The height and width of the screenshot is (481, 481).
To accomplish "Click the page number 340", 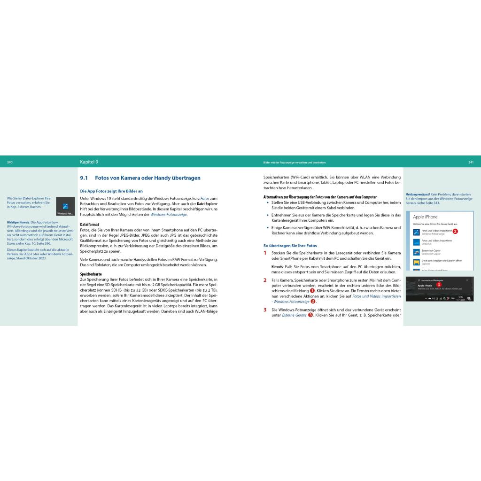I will point(10,162).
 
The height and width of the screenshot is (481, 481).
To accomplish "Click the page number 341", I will point(471,162).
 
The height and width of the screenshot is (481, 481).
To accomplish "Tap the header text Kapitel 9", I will point(89,162).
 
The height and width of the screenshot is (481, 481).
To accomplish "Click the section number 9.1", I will point(84,178).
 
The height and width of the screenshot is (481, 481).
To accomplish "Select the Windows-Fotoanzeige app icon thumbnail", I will point(65,206).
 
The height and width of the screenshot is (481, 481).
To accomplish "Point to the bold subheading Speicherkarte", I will point(91,274).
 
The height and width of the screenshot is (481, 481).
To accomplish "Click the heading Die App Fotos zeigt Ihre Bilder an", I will point(111,191).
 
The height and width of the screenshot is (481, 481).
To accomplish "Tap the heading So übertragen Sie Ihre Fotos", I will point(290,245).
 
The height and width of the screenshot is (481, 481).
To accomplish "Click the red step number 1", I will point(265,253).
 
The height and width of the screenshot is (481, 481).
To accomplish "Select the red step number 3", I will point(265,310).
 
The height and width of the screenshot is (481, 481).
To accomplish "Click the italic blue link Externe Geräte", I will point(294,315).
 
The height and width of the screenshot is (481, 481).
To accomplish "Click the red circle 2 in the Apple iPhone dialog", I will point(455,231).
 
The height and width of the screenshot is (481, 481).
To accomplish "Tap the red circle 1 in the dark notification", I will point(439,285).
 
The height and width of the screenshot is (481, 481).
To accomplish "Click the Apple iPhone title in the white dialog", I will point(425,217).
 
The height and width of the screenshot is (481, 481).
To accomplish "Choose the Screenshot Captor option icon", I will point(417,252).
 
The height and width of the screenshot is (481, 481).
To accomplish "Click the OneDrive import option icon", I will point(417,242).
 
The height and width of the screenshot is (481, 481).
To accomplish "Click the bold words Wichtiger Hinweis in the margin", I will point(18,222).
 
